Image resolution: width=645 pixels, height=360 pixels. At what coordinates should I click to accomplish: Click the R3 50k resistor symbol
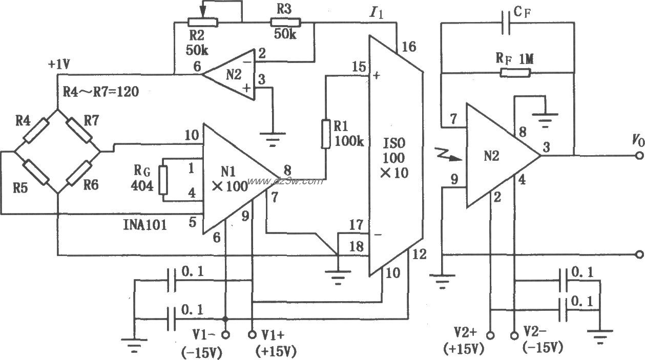click(x=285, y=22)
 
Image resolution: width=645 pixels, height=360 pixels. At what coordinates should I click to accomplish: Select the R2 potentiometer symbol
click(x=203, y=22)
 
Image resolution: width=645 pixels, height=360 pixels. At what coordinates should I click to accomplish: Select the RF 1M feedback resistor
click(x=515, y=73)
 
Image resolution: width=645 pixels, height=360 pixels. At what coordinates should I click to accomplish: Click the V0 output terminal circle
click(x=638, y=156)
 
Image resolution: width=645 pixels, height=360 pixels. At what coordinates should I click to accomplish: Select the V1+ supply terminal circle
click(x=252, y=334)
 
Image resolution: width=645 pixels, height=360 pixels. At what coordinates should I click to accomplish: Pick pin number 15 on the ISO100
click(x=359, y=67)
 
